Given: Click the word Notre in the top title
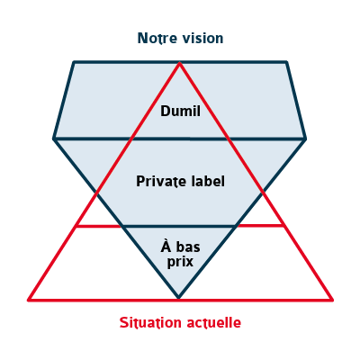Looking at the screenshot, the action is pos(155,39).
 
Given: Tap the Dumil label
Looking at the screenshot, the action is pos(180,111).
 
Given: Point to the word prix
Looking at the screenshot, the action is pos(180,262).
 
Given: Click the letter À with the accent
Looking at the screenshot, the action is pos(166,246).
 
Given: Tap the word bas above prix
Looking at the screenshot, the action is pos(188,247).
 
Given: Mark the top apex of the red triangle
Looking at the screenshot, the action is pos(180,63).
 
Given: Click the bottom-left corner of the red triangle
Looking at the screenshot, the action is pos(29,300).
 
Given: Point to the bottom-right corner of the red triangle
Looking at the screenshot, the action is pos(332,300).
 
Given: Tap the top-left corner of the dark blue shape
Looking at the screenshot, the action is pos(74,62).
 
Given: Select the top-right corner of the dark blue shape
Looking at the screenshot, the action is pos(286,62).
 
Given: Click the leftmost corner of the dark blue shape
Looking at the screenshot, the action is pos(54,139).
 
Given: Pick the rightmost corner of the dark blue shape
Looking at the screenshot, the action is pos(305,139).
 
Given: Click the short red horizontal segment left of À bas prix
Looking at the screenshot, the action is pos(99,226).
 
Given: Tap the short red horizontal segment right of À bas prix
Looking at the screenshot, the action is pos(259,225).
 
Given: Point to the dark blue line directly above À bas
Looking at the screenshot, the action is pos(179,226).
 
